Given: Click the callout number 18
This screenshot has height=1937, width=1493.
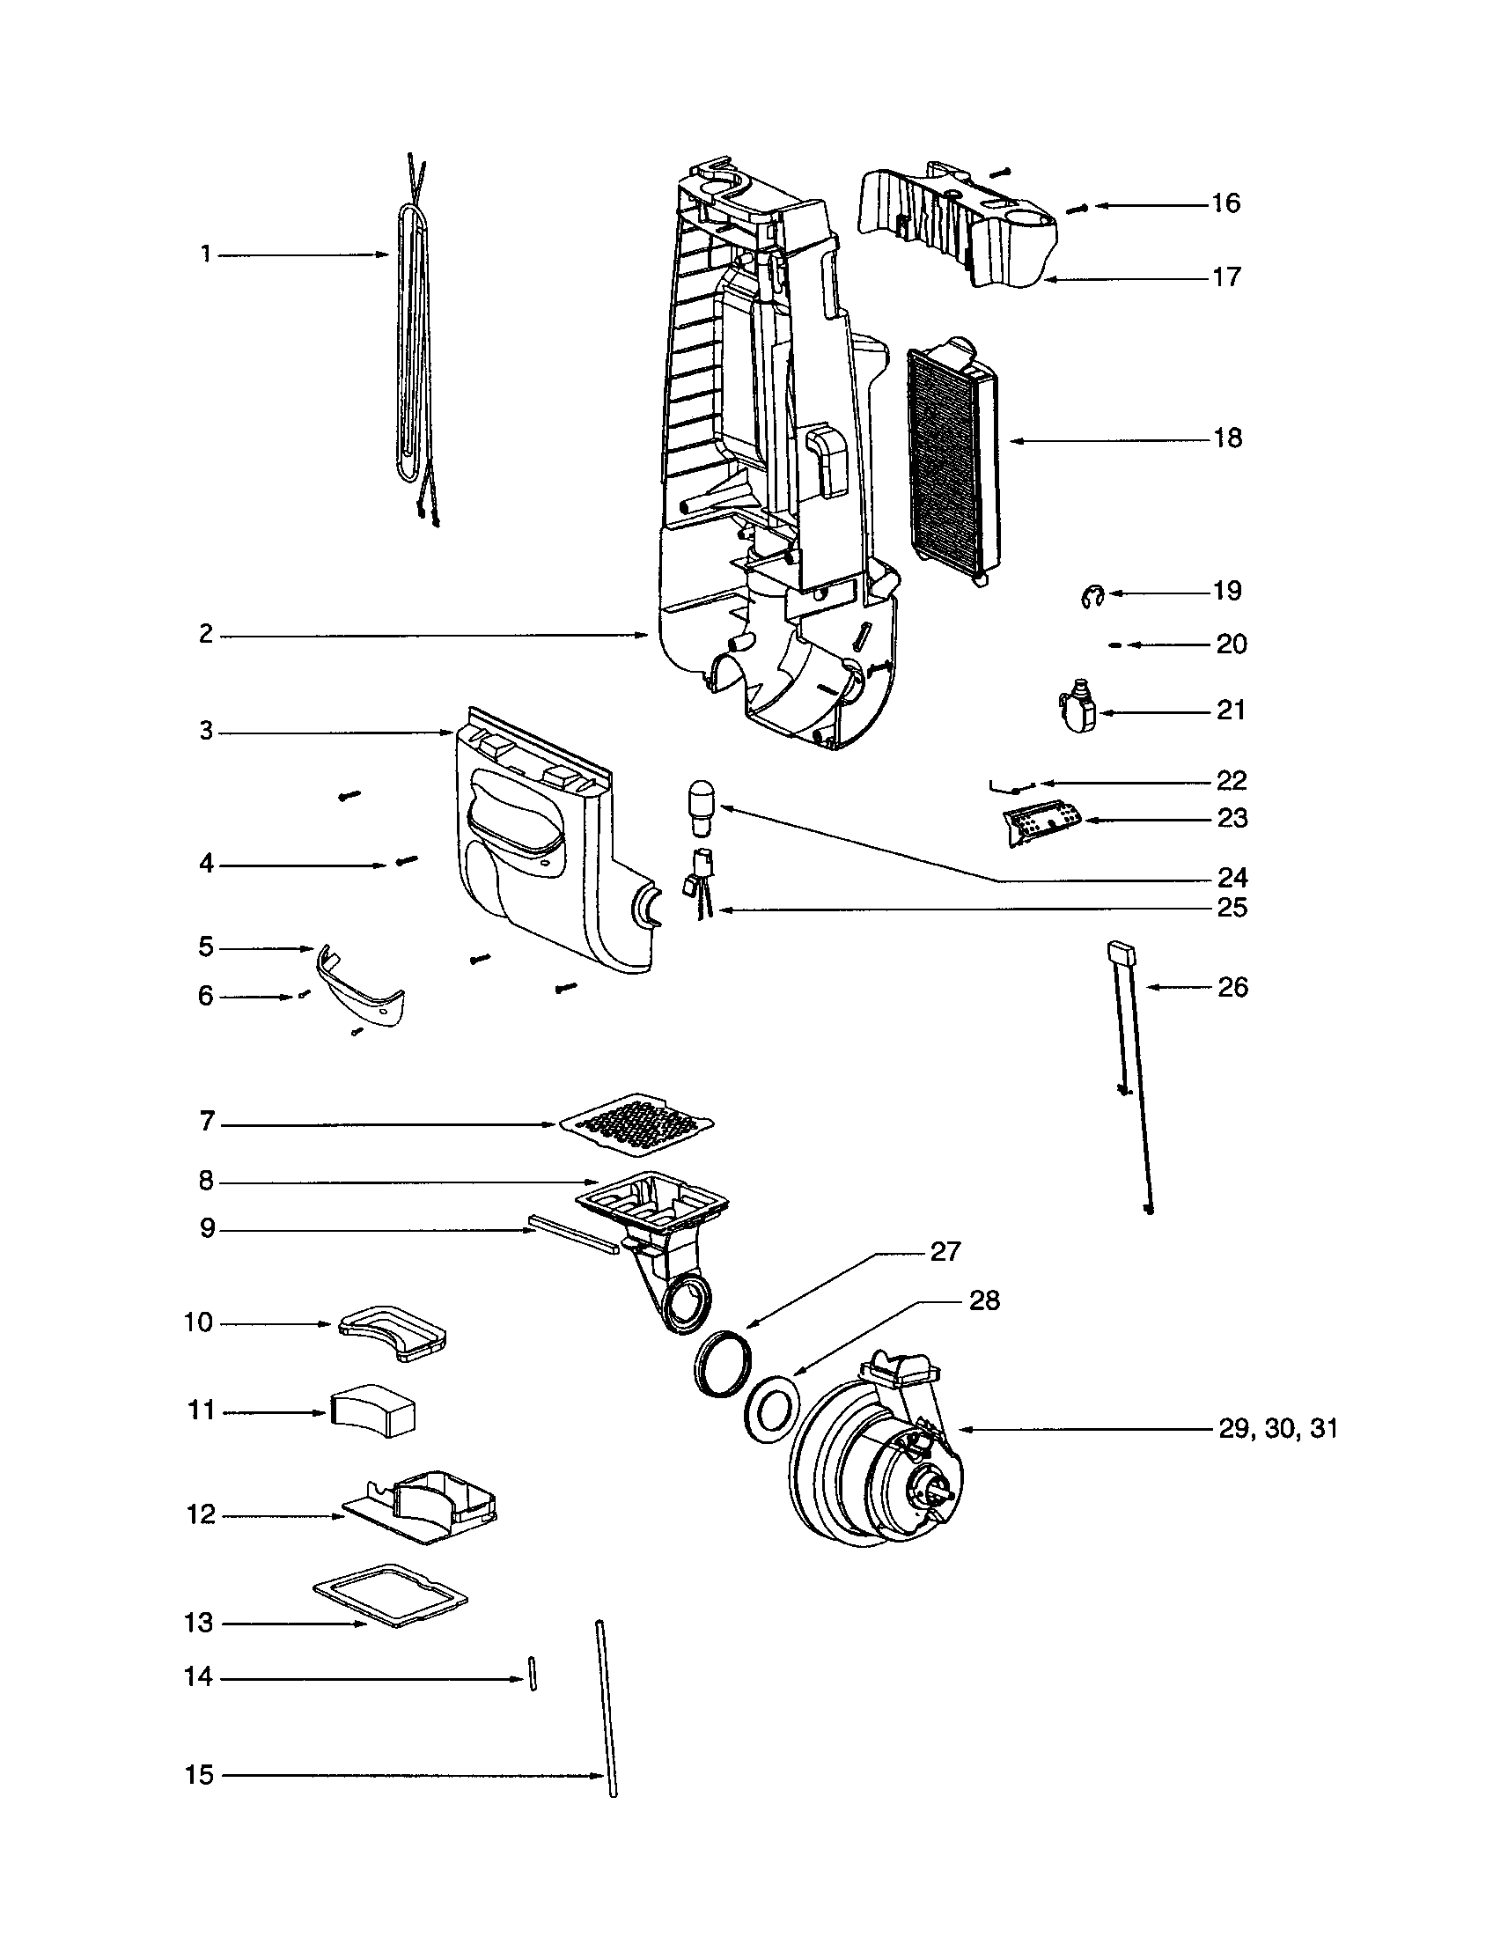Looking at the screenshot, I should coord(1228,439).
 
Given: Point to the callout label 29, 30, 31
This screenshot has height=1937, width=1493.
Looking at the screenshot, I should coord(1277,1429).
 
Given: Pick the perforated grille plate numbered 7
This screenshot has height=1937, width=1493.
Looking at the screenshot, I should coord(636,1123).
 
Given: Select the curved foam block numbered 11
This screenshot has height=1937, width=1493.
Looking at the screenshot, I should coord(374,1411).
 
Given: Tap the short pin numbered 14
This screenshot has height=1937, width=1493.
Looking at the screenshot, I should coord(533,1673).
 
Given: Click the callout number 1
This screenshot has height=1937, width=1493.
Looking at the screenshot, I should coord(206,255).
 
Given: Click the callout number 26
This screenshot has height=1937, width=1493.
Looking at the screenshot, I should coord(1233,988).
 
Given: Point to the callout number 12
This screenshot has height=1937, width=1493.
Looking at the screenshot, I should coord(201,1515).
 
